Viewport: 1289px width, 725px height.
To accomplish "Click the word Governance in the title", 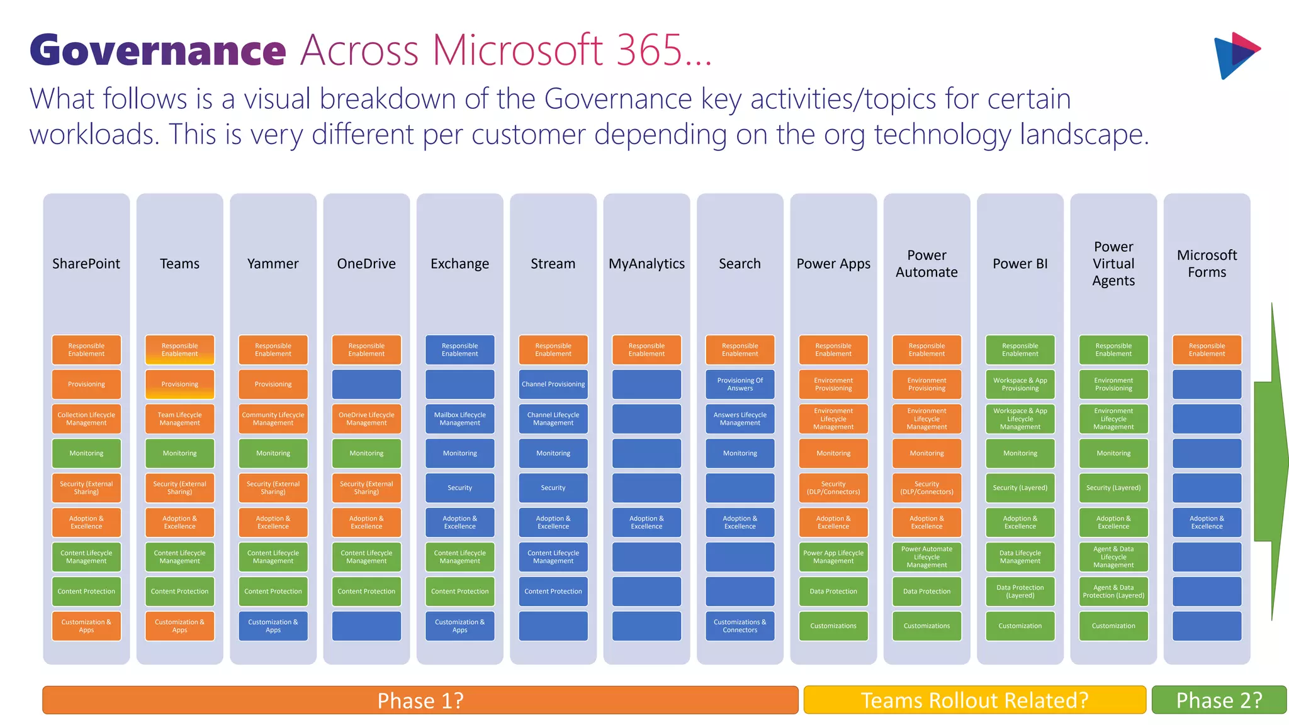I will point(157,50).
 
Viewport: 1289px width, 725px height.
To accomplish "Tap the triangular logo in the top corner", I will point(1236,55).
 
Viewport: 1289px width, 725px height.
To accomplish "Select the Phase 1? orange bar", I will point(420,700).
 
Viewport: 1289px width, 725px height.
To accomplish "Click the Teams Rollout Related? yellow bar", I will point(974,700).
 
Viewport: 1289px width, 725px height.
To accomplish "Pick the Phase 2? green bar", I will point(1219,700).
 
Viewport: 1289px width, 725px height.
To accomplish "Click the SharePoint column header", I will point(86,264).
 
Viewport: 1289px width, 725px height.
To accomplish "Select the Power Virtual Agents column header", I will point(1113,264).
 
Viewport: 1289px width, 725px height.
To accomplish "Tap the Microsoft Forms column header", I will point(1207,264).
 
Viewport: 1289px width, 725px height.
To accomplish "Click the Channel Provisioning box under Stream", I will point(553,384).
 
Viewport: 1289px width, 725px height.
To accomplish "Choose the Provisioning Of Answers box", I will point(740,384).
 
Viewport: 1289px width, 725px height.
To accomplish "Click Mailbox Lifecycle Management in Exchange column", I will point(459,419).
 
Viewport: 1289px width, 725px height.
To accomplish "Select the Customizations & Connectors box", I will point(740,626).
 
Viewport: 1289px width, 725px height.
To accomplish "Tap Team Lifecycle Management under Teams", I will point(179,419).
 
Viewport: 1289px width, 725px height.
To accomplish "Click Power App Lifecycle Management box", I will point(833,556).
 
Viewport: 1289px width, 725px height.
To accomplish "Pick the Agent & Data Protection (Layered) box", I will point(1113,591).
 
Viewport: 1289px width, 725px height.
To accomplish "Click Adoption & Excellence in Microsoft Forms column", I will point(1207,522).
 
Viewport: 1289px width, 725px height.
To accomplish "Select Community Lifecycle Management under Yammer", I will point(273,419).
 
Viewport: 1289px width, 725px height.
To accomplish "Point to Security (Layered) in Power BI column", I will point(1020,488).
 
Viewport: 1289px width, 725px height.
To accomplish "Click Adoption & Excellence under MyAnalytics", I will point(646,522).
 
